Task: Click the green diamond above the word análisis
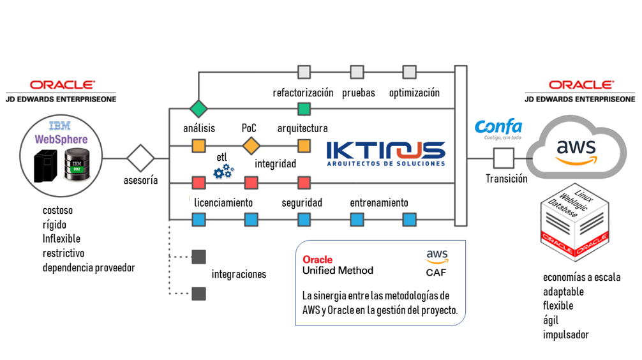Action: [199, 109]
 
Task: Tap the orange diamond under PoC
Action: [251, 146]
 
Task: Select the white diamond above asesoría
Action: [140, 158]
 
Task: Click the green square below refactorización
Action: [304, 109]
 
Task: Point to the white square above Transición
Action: [504, 158]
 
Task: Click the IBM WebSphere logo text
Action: [61, 133]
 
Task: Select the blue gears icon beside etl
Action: [223, 170]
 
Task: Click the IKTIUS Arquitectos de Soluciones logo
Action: [385, 153]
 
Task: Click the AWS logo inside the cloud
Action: [576, 151]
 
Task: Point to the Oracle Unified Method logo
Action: [338, 265]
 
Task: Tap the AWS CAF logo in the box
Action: [437, 263]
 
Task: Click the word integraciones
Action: [239, 274]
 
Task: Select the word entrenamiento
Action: [378, 202]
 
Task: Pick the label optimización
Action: [414, 93]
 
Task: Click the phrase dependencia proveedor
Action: [89, 267]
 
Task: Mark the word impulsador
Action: [565, 334]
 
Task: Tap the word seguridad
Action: [302, 202]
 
